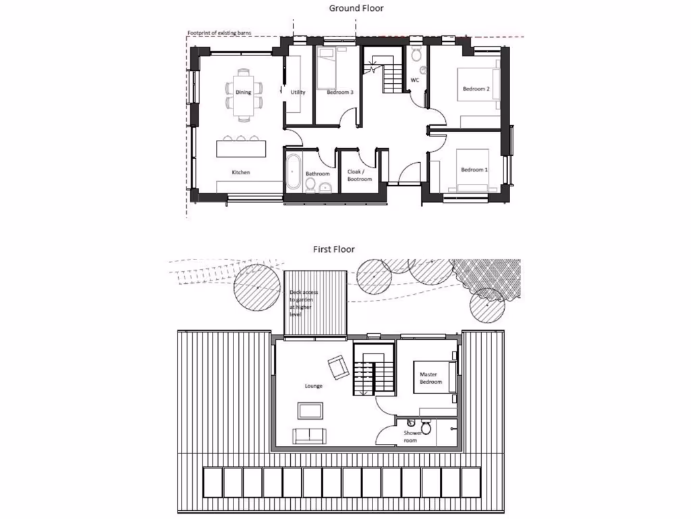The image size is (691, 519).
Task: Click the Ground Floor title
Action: pyautogui.click(x=356, y=8)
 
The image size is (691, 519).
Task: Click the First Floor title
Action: pyautogui.click(x=333, y=249)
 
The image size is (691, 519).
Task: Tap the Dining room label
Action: pyautogui.click(x=243, y=92)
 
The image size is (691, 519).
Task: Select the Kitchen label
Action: pyautogui.click(x=241, y=172)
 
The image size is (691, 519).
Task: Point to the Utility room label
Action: pyautogui.click(x=298, y=92)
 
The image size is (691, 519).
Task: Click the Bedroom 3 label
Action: pyautogui.click(x=340, y=92)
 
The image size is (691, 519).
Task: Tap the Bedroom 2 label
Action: pyautogui.click(x=476, y=89)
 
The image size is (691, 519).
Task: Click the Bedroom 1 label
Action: pyautogui.click(x=473, y=170)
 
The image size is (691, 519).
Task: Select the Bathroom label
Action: pyautogui.click(x=318, y=174)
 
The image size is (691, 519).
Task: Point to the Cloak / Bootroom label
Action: pyautogui.click(x=360, y=176)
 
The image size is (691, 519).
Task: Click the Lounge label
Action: pyautogui.click(x=313, y=386)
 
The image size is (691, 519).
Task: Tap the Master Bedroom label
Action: pyautogui.click(x=431, y=378)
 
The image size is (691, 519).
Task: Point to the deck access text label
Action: pyautogui.click(x=300, y=303)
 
